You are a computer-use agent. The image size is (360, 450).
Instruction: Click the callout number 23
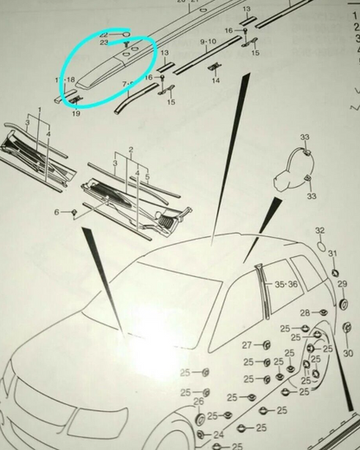coord(105,41)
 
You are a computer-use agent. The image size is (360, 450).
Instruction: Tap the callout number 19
coord(75,112)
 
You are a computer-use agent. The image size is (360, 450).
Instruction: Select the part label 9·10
coord(208,42)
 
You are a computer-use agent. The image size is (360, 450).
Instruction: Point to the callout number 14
coord(215,80)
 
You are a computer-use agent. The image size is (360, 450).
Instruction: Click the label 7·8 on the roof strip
coord(129,83)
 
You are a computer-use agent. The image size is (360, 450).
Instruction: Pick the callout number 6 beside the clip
coord(57,212)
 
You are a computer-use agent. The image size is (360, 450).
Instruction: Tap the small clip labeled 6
coord(75,211)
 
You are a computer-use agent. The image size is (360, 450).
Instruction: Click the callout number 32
coord(319,230)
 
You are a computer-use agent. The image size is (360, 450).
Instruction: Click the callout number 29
coord(341,284)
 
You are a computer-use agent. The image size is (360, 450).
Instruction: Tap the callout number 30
coord(348,354)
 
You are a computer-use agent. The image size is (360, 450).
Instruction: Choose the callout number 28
coord(304,312)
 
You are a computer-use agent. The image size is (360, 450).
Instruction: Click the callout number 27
coord(247,344)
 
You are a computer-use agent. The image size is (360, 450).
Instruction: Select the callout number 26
coord(200,401)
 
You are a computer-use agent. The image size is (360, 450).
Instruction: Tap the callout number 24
coord(217,434)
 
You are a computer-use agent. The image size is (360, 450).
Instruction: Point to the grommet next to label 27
coord(267,345)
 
